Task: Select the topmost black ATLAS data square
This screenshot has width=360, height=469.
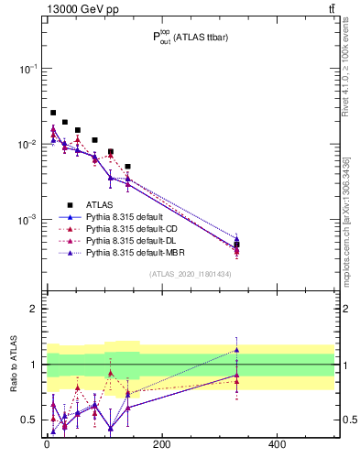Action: (53, 113)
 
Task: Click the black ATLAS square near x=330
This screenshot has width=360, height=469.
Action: (236, 245)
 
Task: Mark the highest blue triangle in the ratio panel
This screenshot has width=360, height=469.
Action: (236, 350)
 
